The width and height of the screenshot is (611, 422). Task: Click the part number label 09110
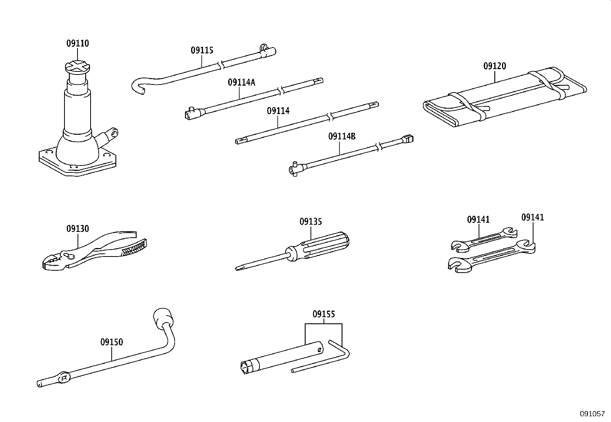click(78, 44)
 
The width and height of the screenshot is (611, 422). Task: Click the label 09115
click(202, 50)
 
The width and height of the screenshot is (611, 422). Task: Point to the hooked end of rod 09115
click(138, 86)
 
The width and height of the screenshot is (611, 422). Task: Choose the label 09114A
click(241, 82)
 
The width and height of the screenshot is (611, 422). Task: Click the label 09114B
click(342, 136)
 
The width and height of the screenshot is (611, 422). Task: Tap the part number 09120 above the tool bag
click(495, 66)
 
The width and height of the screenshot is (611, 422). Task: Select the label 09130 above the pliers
click(78, 229)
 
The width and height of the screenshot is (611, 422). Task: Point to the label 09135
click(310, 222)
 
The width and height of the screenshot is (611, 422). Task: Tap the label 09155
click(324, 314)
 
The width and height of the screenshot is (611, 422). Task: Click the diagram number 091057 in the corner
click(592, 414)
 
